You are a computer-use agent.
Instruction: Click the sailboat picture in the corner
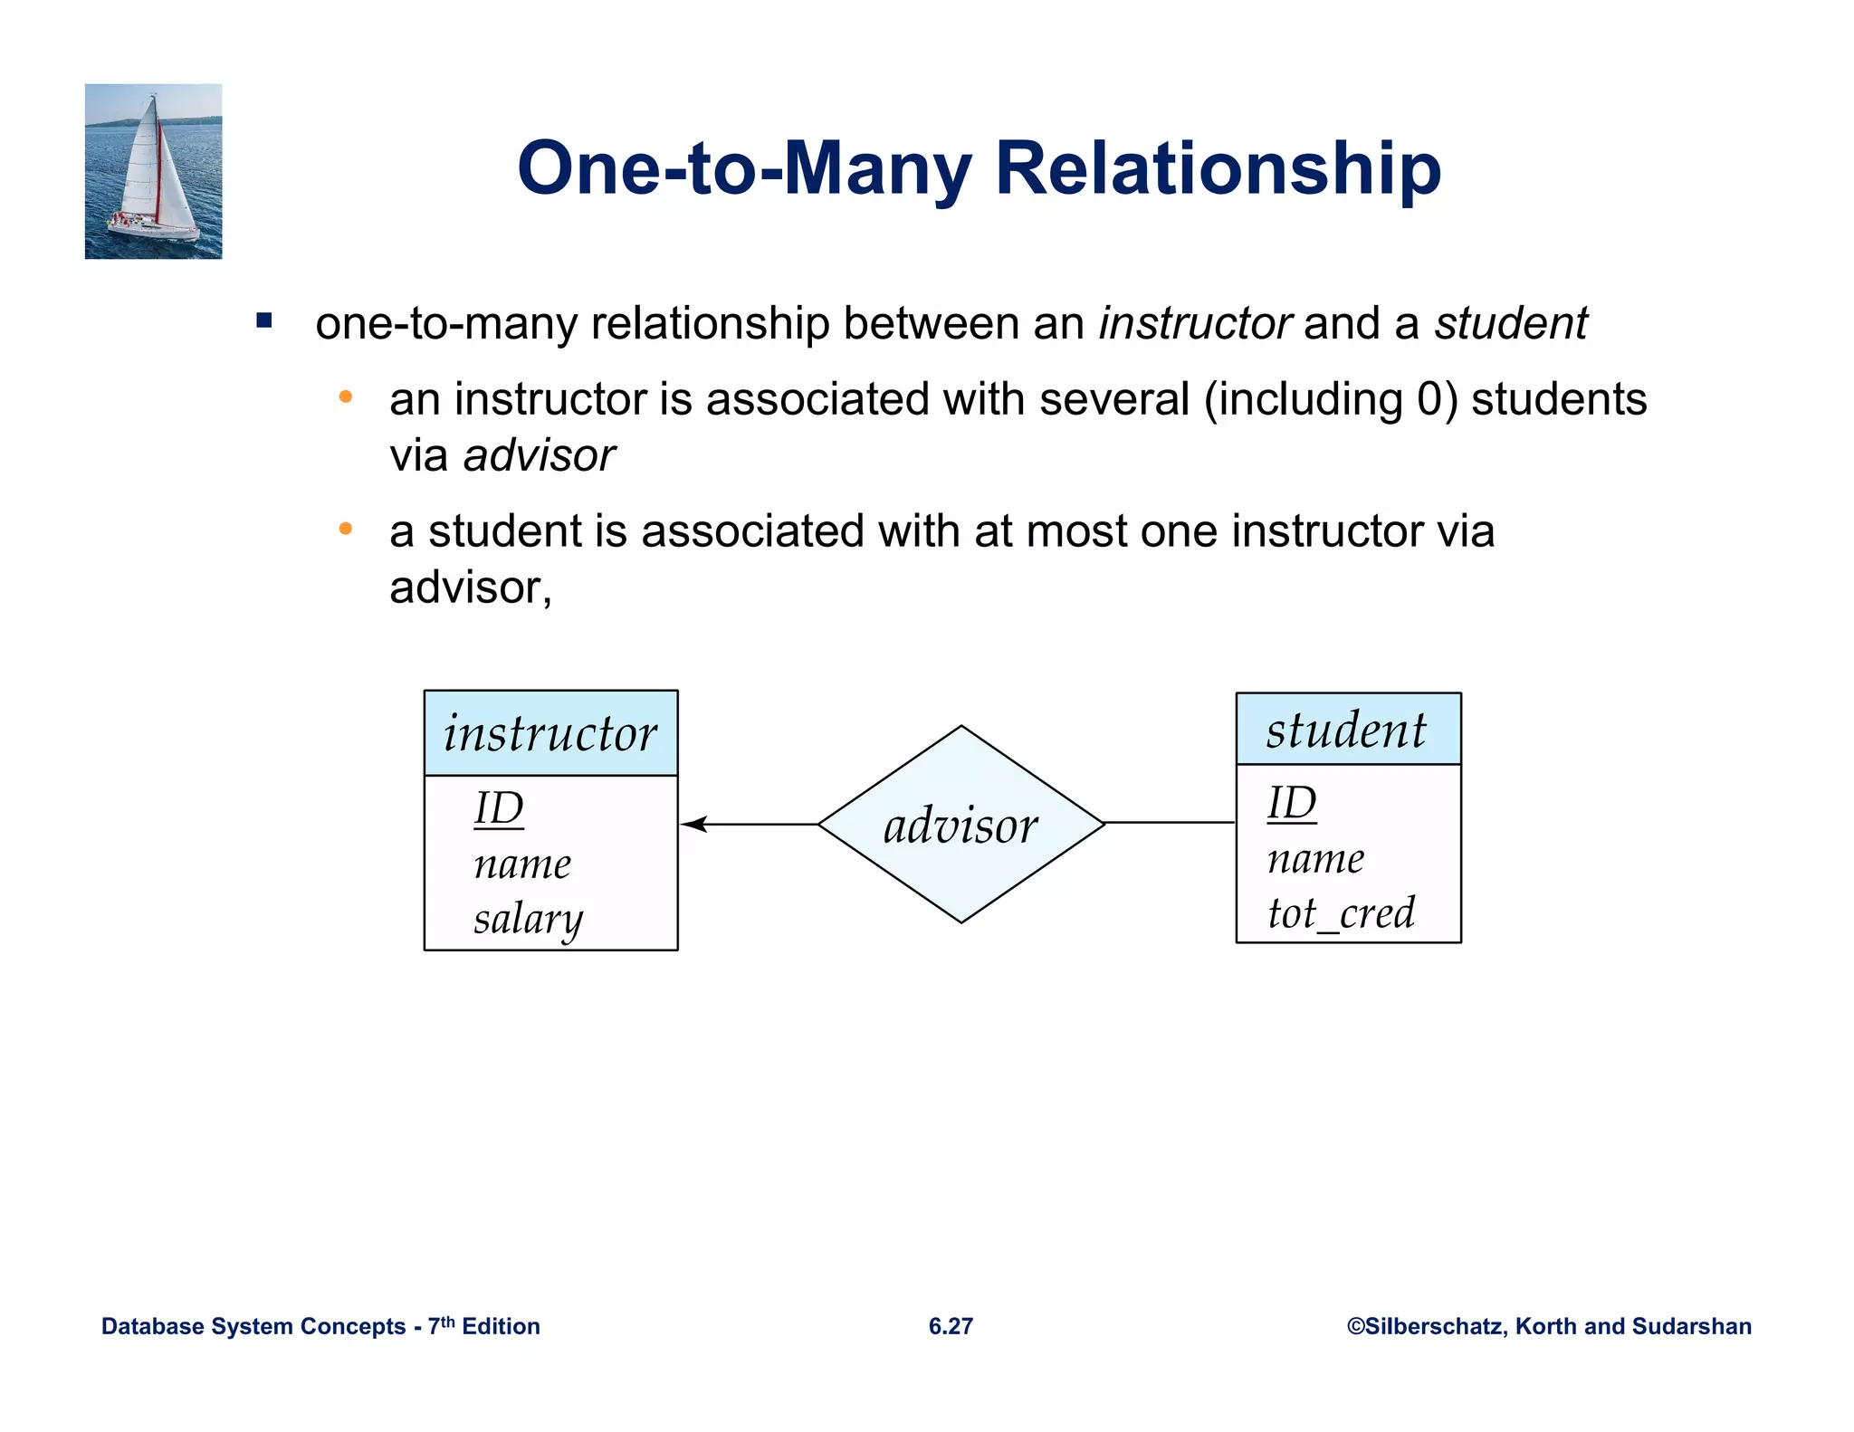[153, 171]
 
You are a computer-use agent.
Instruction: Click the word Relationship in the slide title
[1218, 169]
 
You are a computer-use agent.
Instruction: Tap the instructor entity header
[550, 733]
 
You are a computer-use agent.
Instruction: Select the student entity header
[1348, 730]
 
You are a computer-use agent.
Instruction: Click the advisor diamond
[960, 825]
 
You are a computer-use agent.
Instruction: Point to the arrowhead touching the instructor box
[693, 824]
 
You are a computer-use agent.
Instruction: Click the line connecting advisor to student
[1170, 823]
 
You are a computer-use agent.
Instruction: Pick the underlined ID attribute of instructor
[499, 808]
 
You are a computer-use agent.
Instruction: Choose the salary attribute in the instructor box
[529, 919]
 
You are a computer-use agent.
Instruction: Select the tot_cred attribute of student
[1341, 912]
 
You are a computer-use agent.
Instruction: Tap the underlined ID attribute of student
[1292, 803]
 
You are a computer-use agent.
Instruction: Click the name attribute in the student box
[1315, 858]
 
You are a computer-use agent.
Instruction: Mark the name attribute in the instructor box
[522, 864]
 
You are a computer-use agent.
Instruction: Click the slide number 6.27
[951, 1326]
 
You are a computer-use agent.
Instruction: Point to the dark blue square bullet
[264, 320]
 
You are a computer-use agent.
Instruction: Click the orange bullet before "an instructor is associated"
[345, 396]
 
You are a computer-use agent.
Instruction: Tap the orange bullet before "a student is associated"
[345, 529]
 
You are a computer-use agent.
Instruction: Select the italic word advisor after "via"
[539, 455]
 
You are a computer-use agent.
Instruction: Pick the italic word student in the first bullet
[1510, 323]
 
